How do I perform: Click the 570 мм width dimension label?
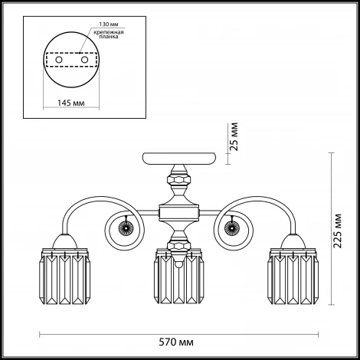[176, 342]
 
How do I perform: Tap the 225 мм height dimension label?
[338, 231]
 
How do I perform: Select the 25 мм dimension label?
[234, 136]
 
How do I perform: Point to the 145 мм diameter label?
[70, 103]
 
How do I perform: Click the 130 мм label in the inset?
[109, 25]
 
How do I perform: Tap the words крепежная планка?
[109, 34]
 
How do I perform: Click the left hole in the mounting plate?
[59, 60]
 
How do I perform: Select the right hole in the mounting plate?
[84, 60]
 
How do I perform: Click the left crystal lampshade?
[64, 276]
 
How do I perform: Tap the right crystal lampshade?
[293, 276]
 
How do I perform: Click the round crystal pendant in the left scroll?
[126, 227]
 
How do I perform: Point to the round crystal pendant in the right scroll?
[232, 227]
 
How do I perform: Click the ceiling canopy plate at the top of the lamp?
[178, 159]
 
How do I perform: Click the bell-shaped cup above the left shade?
[64, 241]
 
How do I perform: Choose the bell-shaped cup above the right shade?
[293, 241]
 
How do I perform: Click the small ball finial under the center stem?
[179, 265]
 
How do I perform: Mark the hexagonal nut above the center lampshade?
[178, 246]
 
